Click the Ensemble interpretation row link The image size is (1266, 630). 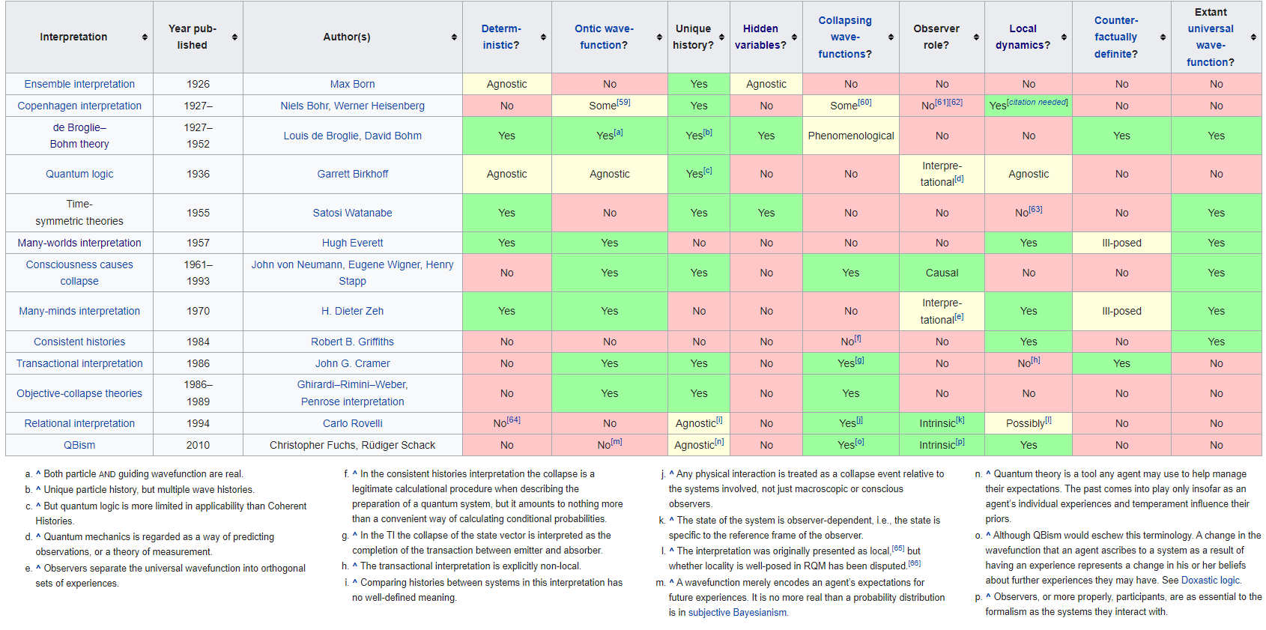coord(79,84)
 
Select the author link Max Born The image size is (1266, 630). coord(352,84)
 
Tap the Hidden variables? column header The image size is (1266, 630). coord(760,37)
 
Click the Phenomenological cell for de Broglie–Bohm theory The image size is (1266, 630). coord(850,136)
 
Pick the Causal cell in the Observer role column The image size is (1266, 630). coord(942,273)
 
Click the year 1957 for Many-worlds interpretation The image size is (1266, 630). coord(198,243)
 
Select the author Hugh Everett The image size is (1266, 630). coord(352,243)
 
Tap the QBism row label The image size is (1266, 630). coord(79,445)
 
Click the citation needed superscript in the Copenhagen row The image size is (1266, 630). coord(1037,103)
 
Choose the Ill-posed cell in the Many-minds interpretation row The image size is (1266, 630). coord(1121,311)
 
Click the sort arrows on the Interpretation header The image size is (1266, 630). coord(145,37)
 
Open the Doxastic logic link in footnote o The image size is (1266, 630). coord(1210,581)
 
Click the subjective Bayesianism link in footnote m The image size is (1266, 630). coord(737,613)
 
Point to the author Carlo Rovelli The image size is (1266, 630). coord(352,423)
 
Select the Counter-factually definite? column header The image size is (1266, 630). coord(1115,37)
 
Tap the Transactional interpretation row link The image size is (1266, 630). coord(79,363)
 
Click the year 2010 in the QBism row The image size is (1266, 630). coord(198,445)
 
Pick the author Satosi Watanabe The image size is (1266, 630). coord(352,213)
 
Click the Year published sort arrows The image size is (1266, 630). coord(234,37)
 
